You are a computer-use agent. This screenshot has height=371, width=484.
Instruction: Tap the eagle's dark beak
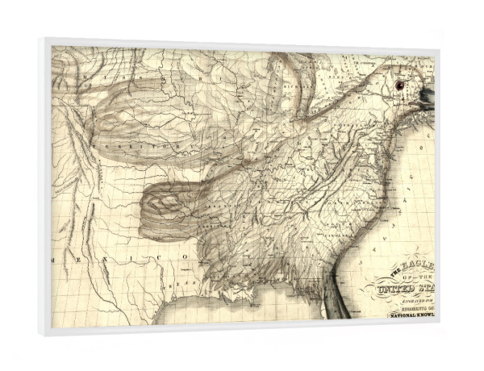point(426,99)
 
